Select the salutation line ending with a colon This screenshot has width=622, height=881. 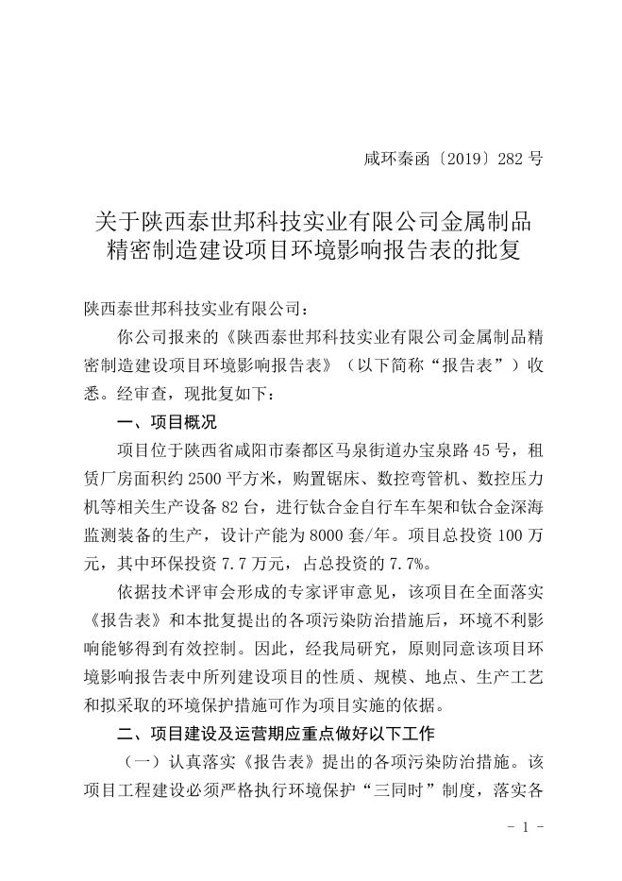[196, 308]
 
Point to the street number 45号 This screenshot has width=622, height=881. [467, 449]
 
